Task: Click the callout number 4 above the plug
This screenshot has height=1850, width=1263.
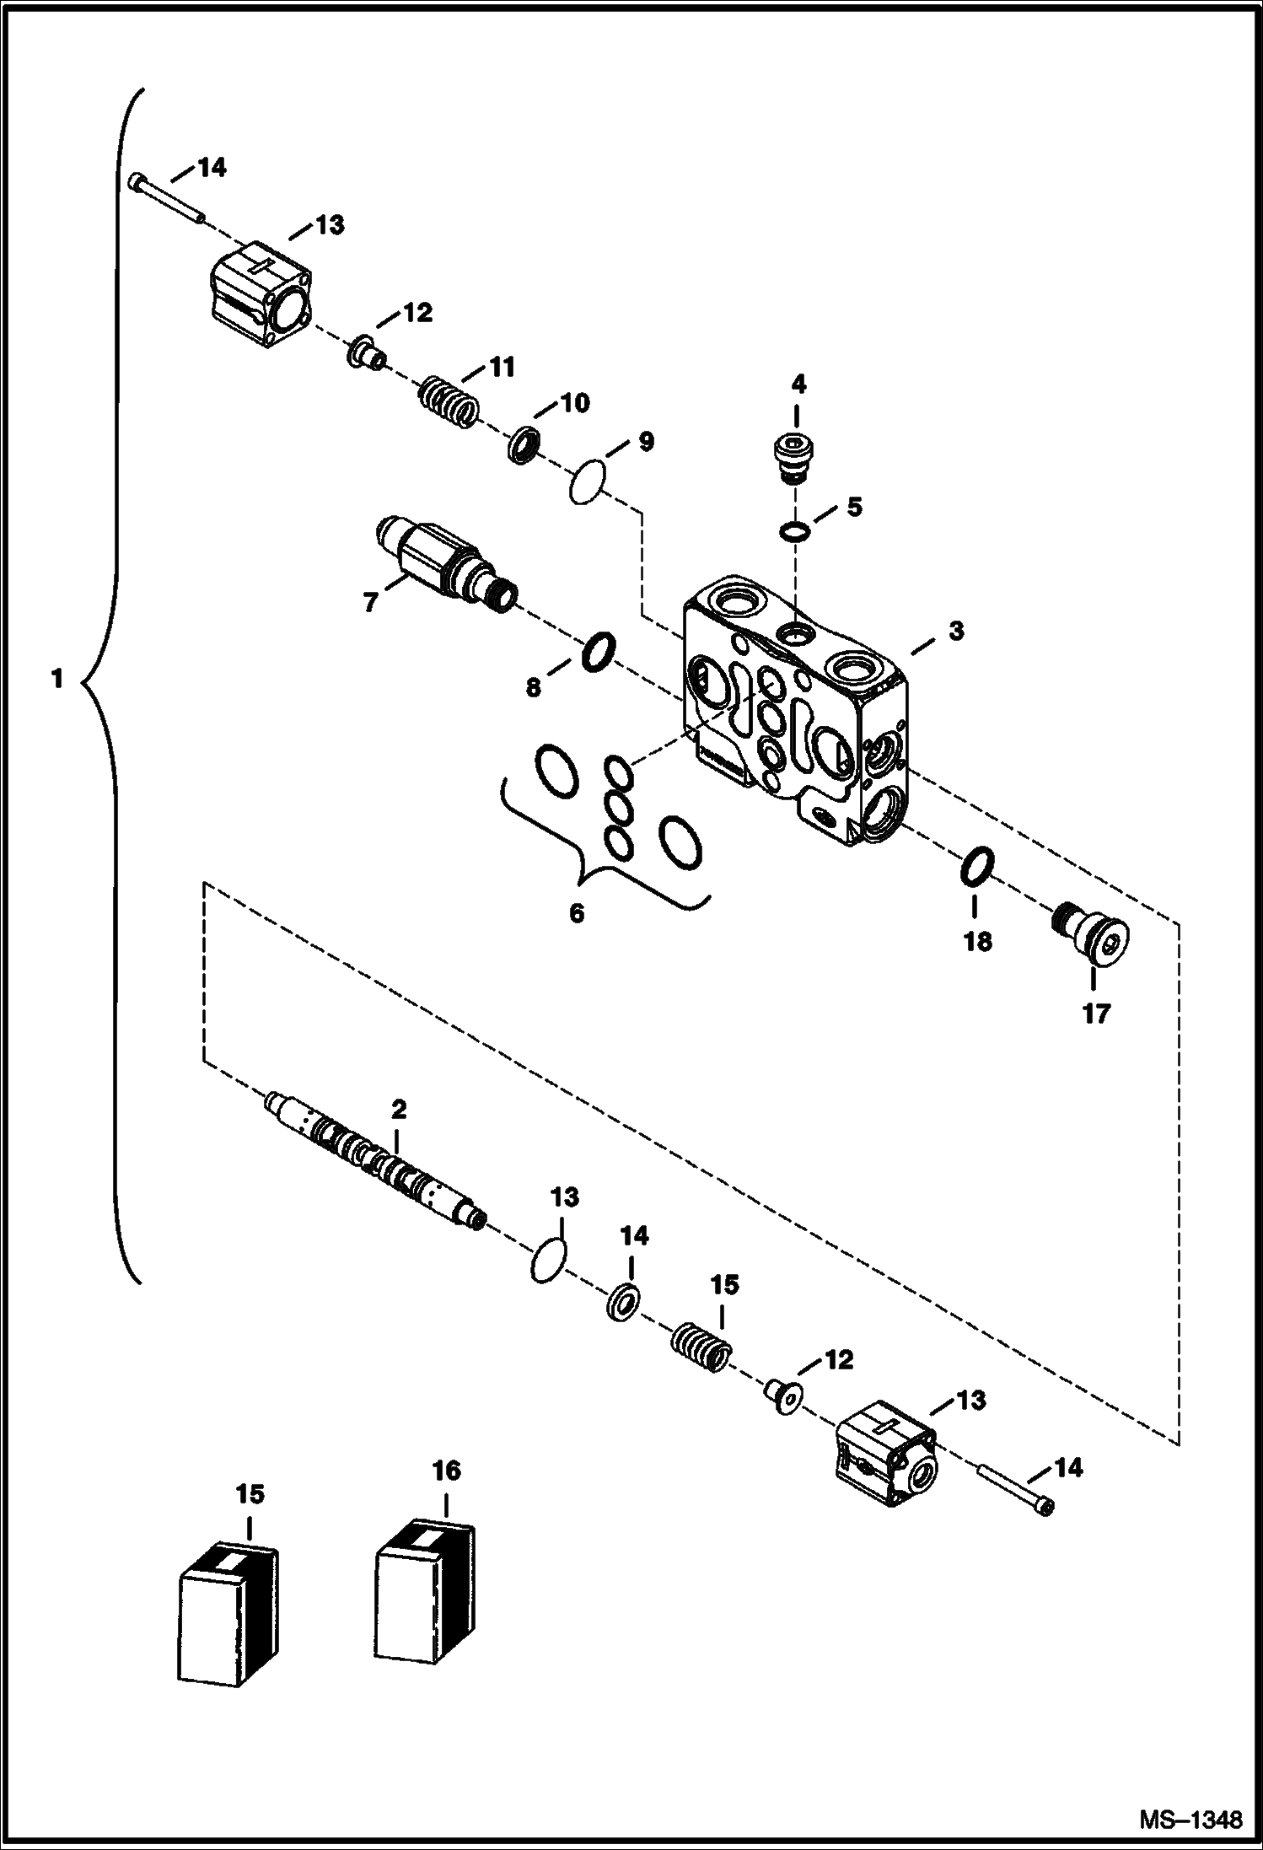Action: (x=798, y=385)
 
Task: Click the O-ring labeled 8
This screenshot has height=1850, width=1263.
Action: (x=599, y=652)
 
